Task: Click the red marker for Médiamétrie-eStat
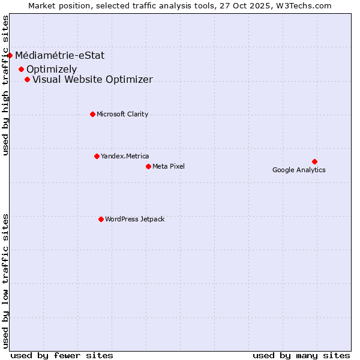click(x=10, y=56)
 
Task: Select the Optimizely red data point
click(x=21, y=69)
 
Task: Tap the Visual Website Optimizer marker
click(x=27, y=79)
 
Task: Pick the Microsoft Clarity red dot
click(x=92, y=114)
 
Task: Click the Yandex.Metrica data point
click(x=97, y=156)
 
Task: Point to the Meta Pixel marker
click(x=148, y=166)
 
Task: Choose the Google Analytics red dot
click(x=314, y=161)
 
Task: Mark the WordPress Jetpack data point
click(x=101, y=219)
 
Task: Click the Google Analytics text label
click(x=299, y=170)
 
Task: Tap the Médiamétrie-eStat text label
click(x=60, y=56)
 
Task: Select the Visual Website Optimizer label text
click(x=92, y=79)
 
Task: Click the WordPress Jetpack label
click(x=134, y=219)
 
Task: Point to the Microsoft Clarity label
click(x=122, y=114)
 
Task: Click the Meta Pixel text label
click(x=169, y=166)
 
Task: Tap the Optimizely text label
click(x=52, y=69)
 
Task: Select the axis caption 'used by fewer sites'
click(x=62, y=355)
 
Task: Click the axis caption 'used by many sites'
click(x=301, y=355)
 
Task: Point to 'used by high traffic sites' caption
click(x=6, y=85)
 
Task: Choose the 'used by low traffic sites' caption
click(x=6, y=280)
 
